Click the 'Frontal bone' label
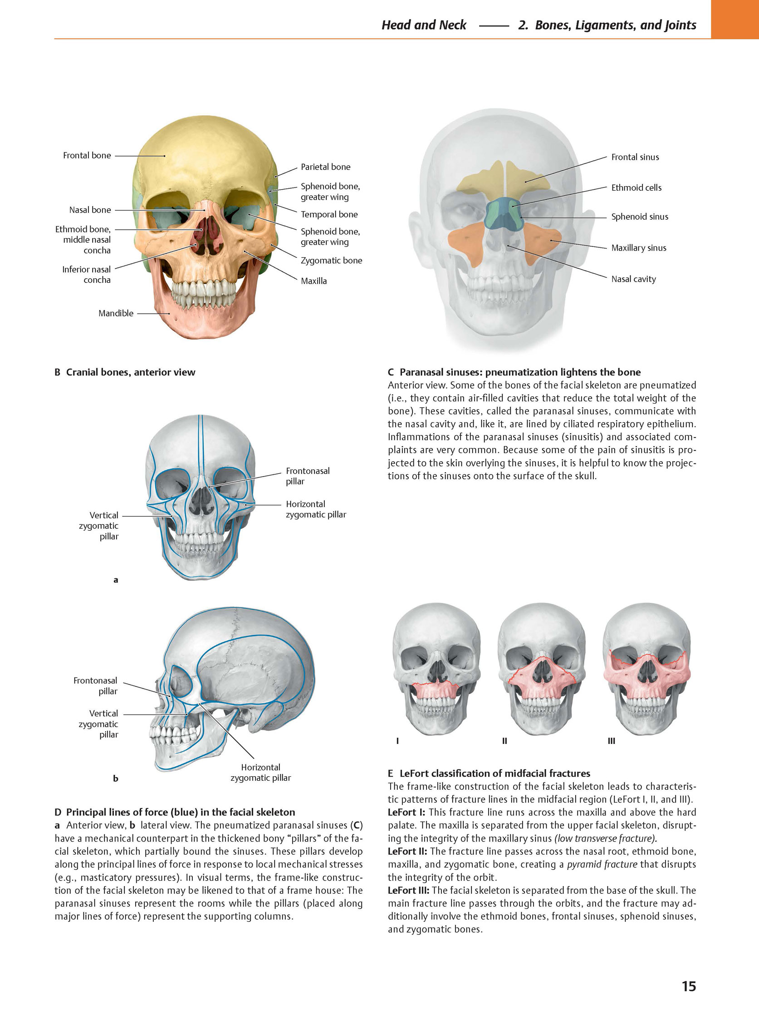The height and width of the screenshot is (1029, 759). coord(87,155)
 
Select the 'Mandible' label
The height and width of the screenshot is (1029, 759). coord(116,313)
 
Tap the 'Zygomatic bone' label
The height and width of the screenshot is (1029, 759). coord(331,261)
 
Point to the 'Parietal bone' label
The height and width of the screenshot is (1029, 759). coord(325,167)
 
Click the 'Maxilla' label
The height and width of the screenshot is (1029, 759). coord(314,281)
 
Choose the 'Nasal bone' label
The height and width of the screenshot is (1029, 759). coord(90,210)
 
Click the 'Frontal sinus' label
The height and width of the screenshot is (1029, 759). coord(635,157)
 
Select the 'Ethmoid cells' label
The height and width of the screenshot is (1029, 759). coord(637,187)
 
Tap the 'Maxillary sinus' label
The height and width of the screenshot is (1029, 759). coord(639,248)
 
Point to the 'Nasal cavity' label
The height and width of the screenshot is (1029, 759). coord(634,279)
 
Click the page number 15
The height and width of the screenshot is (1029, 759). coord(689,986)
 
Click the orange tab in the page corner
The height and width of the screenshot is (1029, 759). coord(735,20)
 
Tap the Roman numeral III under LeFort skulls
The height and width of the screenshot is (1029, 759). coord(611,741)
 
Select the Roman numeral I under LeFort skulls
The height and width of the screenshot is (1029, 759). coord(397,741)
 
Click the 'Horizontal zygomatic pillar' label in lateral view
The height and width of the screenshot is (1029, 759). coord(260,773)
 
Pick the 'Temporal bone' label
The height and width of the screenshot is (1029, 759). coord(329,214)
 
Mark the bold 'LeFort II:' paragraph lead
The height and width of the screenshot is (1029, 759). coord(407,851)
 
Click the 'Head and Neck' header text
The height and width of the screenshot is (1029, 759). coord(424,25)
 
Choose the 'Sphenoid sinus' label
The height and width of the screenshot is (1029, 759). coord(640,217)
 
